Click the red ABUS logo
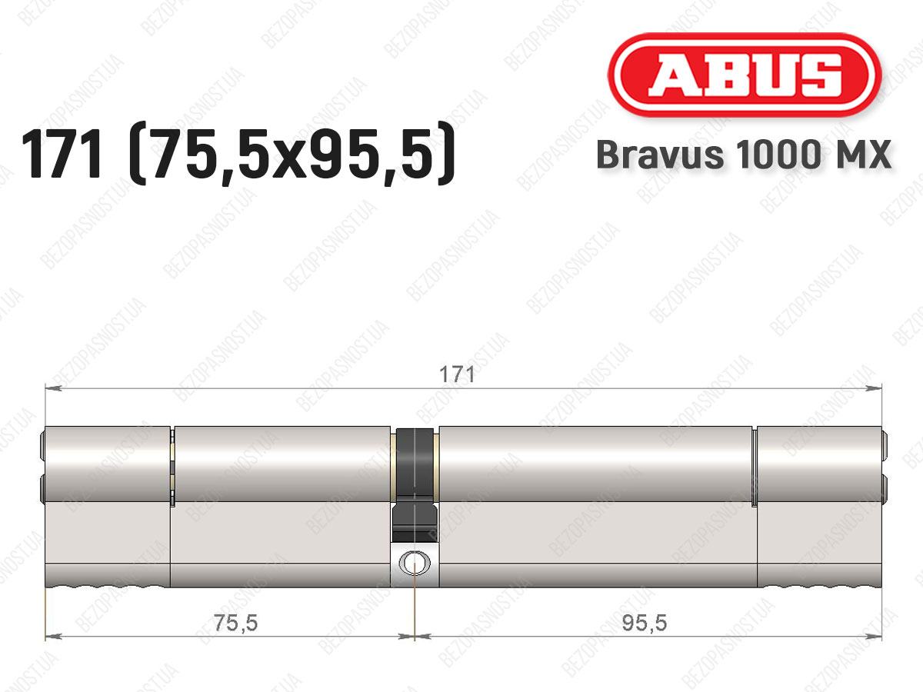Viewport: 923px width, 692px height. click(x=745, y=75)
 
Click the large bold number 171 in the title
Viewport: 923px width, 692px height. click(x=62, y=154)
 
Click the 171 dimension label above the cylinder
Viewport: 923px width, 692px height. click(x=457, y=374)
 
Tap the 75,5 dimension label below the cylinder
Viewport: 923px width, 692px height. click(x=235, y=623)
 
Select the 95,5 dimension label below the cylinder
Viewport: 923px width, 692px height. click(x=645, y=623)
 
